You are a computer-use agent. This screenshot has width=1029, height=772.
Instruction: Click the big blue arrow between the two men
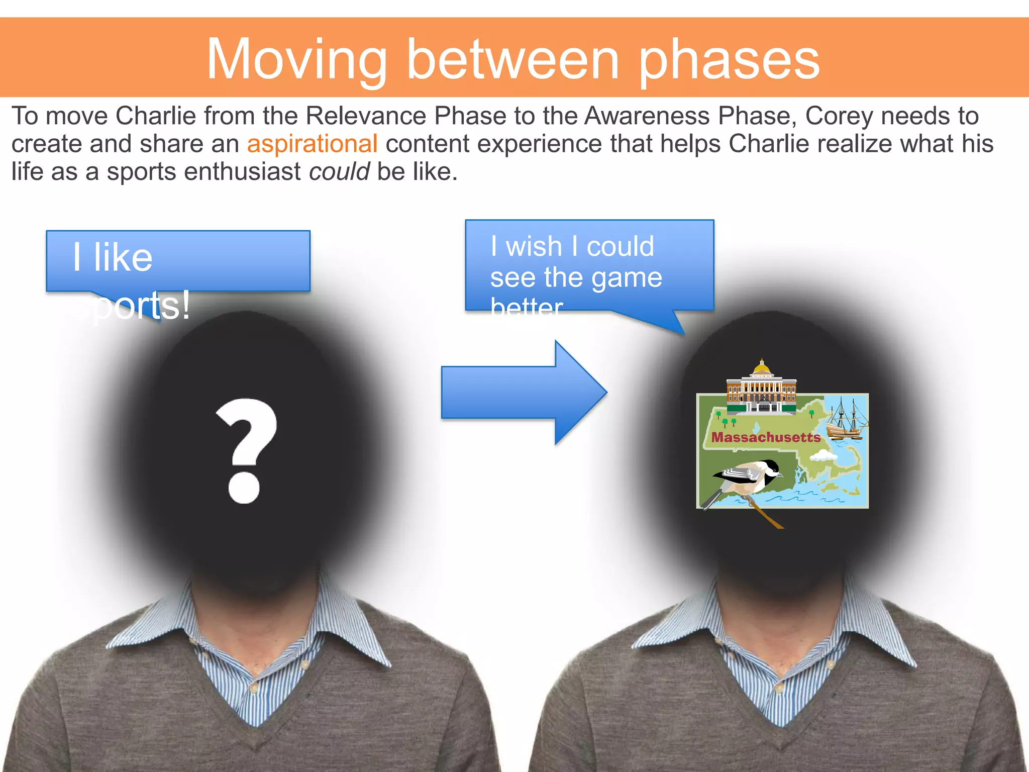[523, 393]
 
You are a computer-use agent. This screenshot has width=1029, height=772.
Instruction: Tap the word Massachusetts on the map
[766, 437]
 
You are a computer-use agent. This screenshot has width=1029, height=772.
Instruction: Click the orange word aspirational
[312, 144]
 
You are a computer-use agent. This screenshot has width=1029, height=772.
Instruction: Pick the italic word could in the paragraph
[339, 172]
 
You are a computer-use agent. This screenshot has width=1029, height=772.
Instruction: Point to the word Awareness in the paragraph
[647, 116]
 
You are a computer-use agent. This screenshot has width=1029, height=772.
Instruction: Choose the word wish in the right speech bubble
[534, 247]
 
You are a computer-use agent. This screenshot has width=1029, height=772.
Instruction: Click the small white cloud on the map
[823, 456]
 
